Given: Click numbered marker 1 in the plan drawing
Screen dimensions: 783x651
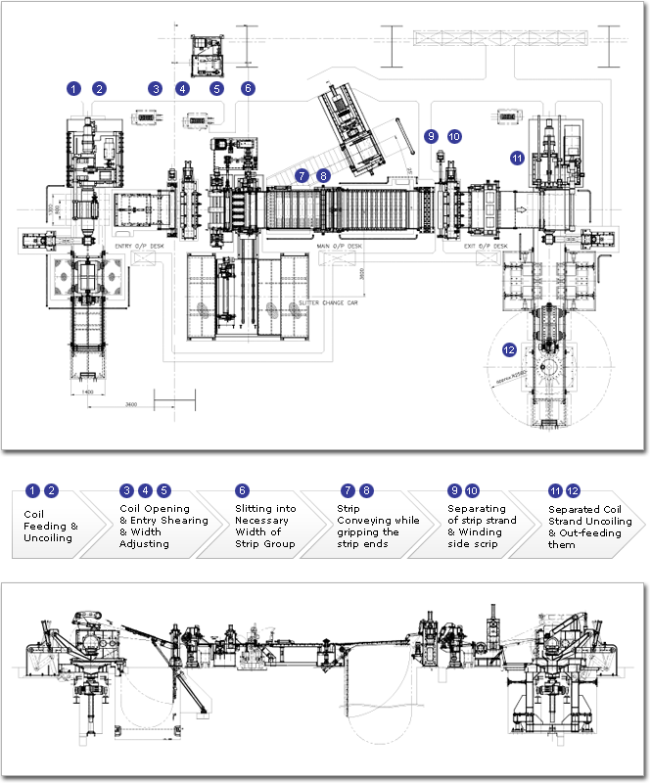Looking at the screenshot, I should coord(73,88).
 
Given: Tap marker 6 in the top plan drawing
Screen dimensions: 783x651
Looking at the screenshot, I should coord(248,88).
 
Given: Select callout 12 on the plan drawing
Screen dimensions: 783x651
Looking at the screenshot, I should coord(508,348).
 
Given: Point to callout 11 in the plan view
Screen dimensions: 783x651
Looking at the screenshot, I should coord(517,157).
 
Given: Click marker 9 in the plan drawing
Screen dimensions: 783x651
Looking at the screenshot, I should coord(431,137).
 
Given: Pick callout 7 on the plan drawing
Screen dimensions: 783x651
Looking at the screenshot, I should coord(303,175).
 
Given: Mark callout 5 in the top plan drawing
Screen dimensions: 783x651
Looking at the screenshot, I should coord(216,88).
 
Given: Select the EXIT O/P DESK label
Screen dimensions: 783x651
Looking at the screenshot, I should coord(486,247).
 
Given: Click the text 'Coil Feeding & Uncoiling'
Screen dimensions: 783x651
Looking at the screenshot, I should coord(49,526).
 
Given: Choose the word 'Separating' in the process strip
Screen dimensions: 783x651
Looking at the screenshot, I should coord(476,509).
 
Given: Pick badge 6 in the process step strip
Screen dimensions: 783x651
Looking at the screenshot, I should coord(242,490).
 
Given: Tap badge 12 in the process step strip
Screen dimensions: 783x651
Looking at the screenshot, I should coord(573,490).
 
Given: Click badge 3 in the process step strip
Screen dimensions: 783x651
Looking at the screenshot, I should coord(126,490).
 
